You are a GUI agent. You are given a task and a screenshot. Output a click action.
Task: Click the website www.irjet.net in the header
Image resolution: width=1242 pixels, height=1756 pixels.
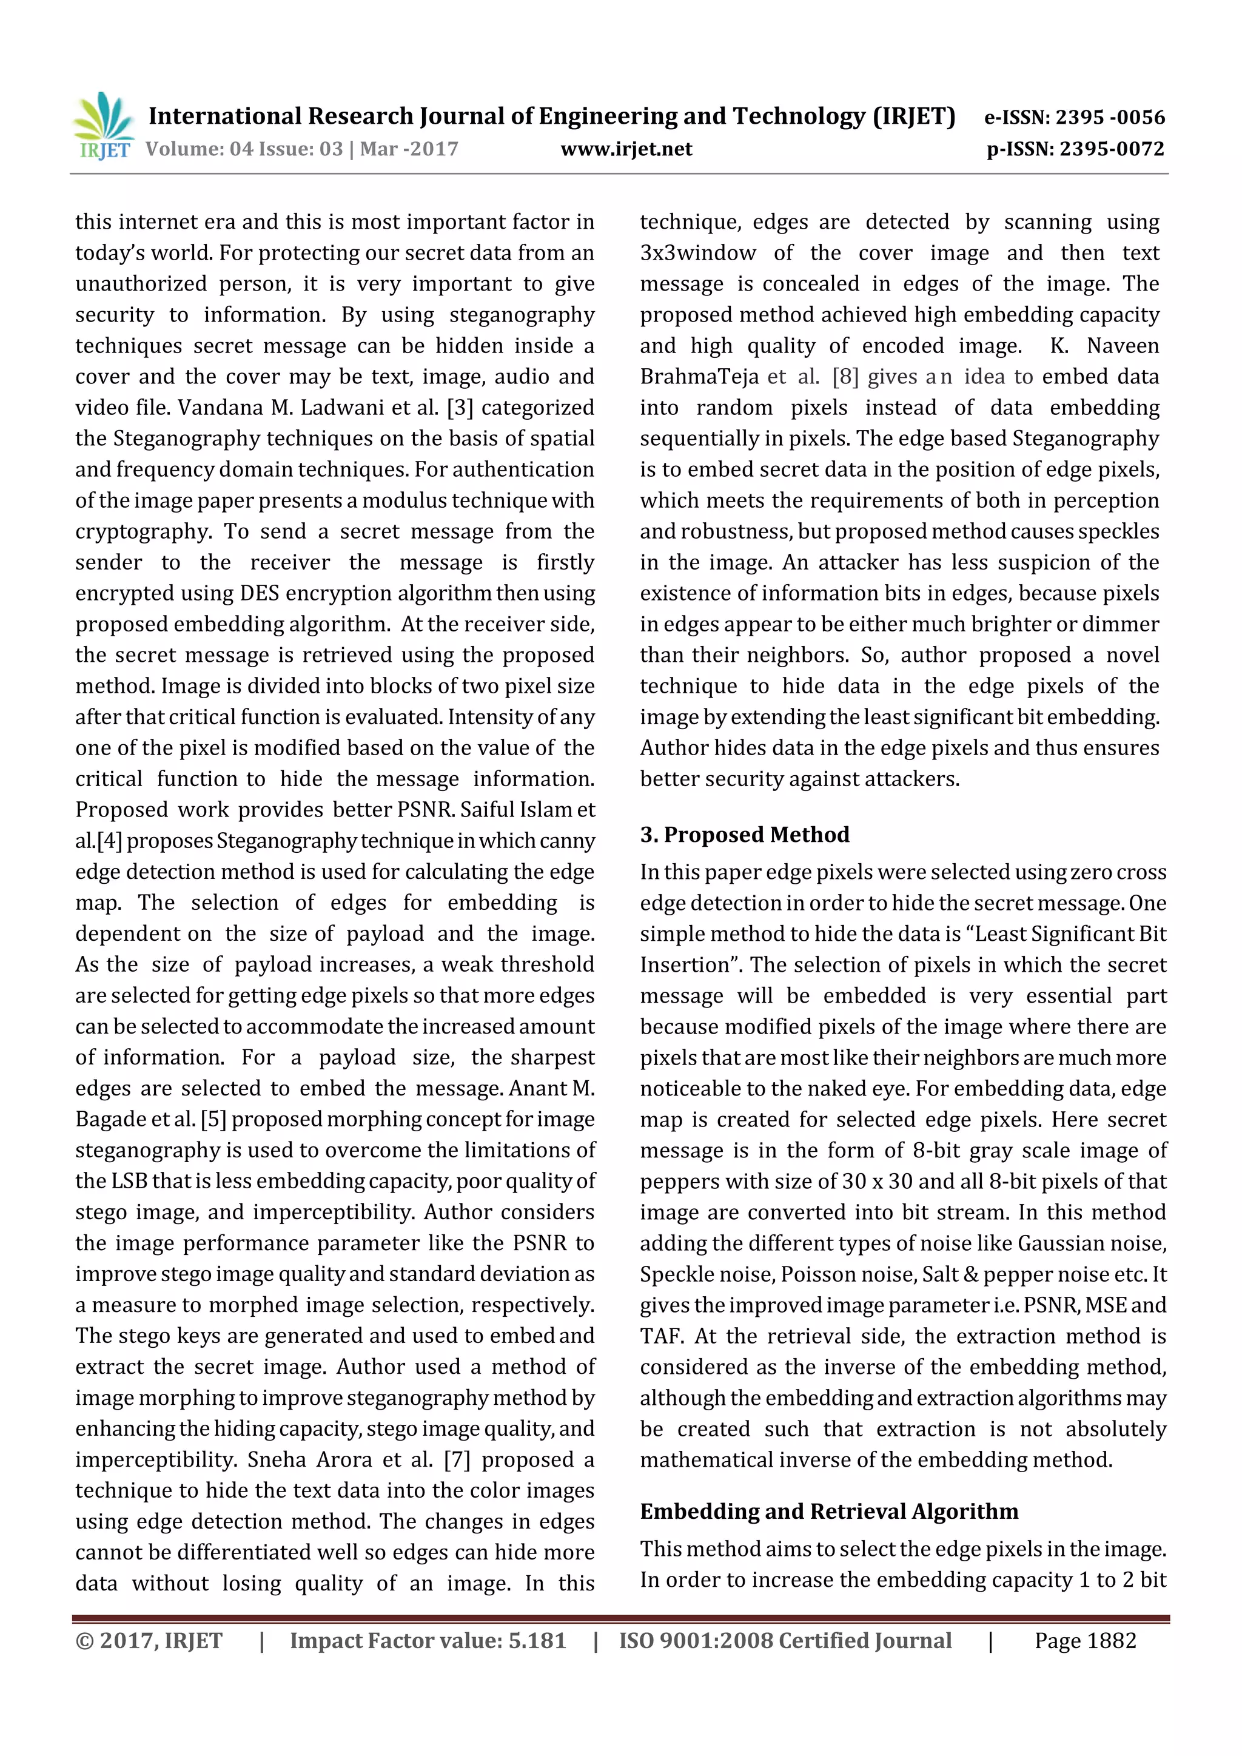click(x=626, y=149)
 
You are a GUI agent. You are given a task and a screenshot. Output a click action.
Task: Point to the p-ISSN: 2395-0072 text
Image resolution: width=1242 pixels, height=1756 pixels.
click(x=1075, y=149)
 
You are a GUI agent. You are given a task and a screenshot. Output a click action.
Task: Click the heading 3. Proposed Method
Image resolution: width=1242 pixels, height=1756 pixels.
click(x=744, y=835)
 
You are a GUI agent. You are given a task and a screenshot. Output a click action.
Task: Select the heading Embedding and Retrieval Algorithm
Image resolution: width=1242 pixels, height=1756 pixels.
click(x=829, y=1512)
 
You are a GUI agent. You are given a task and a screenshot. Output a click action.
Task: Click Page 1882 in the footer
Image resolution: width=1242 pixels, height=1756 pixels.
click(x=1085, y=1641)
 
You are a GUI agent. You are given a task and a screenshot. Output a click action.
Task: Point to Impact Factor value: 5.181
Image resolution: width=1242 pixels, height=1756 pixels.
click(x=428, y=1641)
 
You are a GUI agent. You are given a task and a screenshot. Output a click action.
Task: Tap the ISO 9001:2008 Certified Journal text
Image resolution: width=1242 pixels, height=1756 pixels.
click(x=785, y=1641)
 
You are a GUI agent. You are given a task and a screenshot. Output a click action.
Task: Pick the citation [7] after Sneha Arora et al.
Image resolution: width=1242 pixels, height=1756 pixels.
click(x=457, y=1459)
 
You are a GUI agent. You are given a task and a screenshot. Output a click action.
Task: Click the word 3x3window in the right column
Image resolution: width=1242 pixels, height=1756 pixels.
click(x=697, y=253)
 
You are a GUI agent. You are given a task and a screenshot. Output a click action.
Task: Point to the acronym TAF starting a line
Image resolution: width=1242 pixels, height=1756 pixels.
click(x=662, y=1336)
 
